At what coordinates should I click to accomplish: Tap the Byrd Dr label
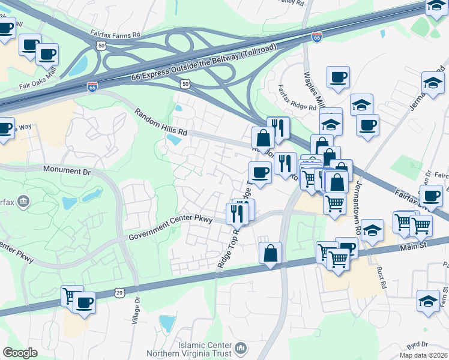[421, 345]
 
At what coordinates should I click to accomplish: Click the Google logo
[20, 353]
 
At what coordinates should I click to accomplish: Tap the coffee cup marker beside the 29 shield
[84, 302]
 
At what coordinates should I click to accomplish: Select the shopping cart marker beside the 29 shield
[72, 295]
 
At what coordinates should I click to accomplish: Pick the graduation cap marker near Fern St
[428, 301]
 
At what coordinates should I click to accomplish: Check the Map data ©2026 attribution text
[423, 355]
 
